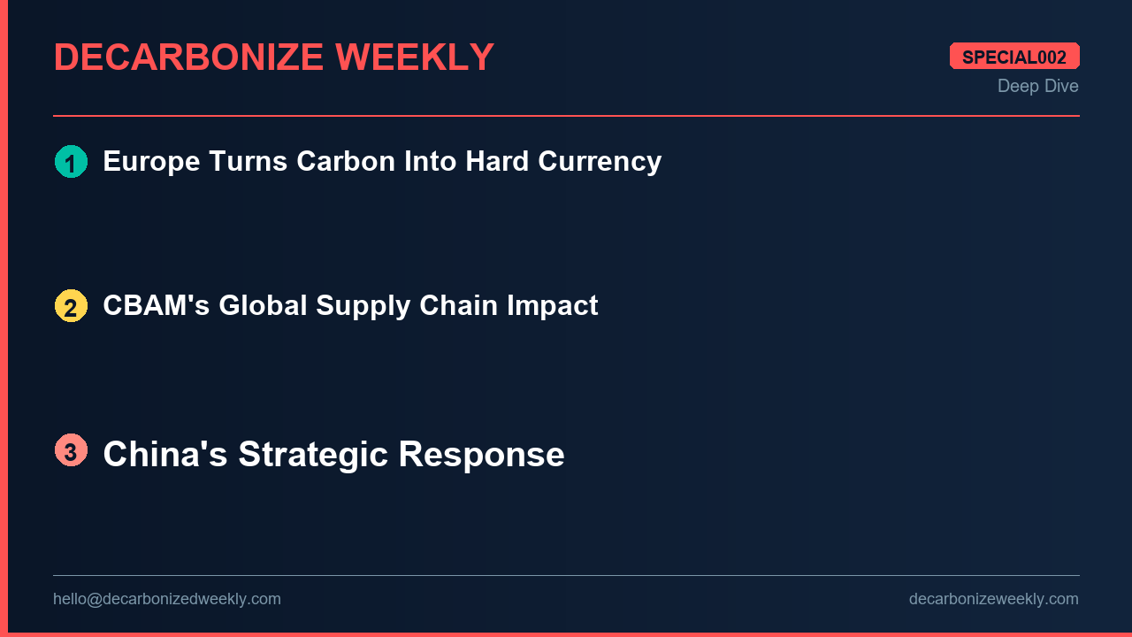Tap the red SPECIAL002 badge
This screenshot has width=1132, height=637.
click(x=1014, y=57)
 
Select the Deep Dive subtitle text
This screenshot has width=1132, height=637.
click(x=1037, y=86)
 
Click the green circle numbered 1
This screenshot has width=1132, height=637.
click(x=71, y=162)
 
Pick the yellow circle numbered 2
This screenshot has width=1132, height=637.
click(x=71, y=306)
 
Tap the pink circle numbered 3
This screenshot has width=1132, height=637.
click(x=71, y=450)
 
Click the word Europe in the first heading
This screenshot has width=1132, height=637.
click(x=151, y=162)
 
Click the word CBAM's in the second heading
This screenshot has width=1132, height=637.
click(x=156, y=306)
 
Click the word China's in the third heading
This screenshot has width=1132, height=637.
click(x=164, y=455)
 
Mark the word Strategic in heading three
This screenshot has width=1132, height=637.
click(x=313, y=455)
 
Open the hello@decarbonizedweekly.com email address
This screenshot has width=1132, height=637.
click(x=167, y=599)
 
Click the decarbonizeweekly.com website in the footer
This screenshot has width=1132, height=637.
click(x=993, y=599)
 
